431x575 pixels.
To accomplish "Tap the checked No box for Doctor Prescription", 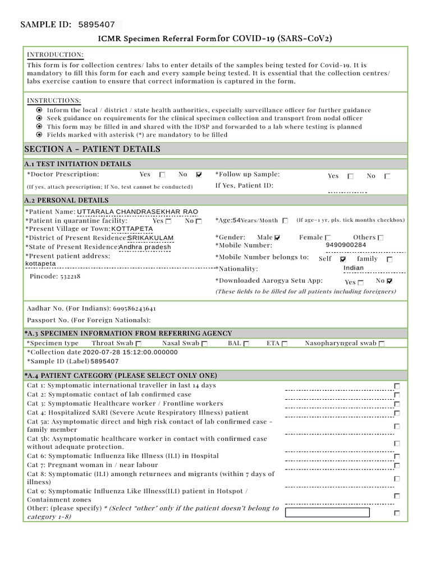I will click(x=199, y=175).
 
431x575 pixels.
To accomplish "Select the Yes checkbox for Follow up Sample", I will click(x=351, y=176).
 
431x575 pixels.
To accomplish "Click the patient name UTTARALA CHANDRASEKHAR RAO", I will click(x=137, y=212).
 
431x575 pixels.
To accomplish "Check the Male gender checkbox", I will click(x=277, y=238).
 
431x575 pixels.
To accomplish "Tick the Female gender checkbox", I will click(x=328, y=238).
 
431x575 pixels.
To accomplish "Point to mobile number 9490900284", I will click(x=346, y=245).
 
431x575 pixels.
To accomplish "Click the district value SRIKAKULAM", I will click(x=150, y=238).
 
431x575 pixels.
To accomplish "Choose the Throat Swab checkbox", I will click(x=139, y=344).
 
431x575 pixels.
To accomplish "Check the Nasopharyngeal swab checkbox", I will click(x=382, y=344).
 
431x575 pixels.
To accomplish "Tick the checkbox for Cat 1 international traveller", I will click(x=397, y=386).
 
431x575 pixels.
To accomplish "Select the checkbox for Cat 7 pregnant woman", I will click(x=397, y=466).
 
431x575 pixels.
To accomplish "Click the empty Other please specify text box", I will click(x=327, y=512).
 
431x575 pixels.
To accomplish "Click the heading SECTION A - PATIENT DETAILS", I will click(x=93, y=149).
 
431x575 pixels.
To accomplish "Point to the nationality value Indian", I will click(x=354, y=268).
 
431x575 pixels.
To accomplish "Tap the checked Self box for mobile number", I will click(x=343, y=259).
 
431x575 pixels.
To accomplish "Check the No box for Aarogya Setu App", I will click(x=390, y=281).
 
